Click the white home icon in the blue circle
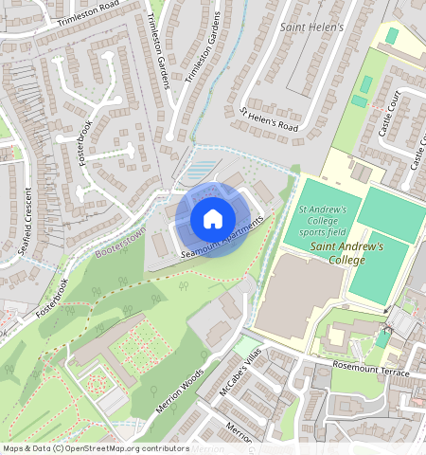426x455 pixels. pos(213,219)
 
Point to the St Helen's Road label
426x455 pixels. pos(270,118)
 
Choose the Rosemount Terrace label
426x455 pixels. pos(370,370)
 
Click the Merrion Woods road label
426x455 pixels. pos(180,391)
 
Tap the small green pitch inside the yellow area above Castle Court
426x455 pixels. pos(391,35)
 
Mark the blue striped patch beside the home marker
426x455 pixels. pos(198,172)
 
